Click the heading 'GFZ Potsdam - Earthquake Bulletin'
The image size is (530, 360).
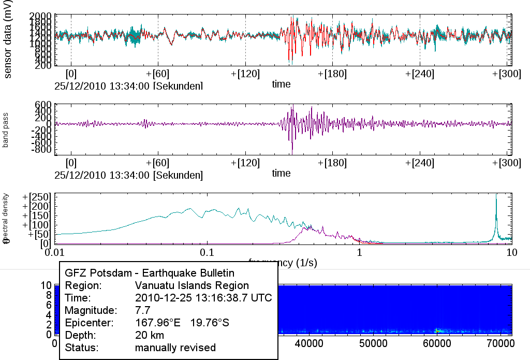(150, 273)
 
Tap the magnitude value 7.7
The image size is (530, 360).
(142, 310)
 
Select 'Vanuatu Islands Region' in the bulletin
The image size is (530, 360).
(192, 285)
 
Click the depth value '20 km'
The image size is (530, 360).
(150, 335)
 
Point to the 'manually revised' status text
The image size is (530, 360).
(175, 348)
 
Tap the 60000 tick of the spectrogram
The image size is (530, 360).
(437, 343)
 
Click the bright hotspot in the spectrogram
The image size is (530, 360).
(437, 330)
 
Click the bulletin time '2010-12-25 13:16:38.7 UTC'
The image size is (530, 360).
(203, 298)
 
